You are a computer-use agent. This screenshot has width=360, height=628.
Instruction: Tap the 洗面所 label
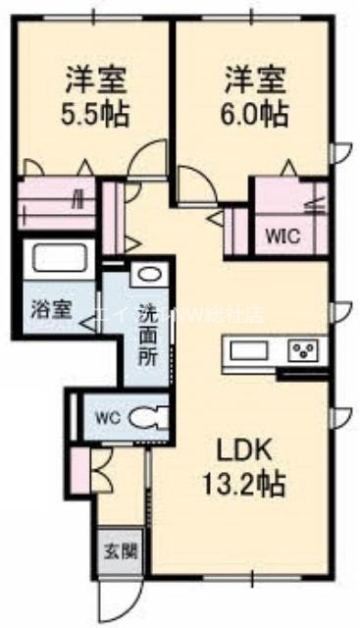pos(146,333)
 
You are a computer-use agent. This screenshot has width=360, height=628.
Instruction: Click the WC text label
pos(105,416)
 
